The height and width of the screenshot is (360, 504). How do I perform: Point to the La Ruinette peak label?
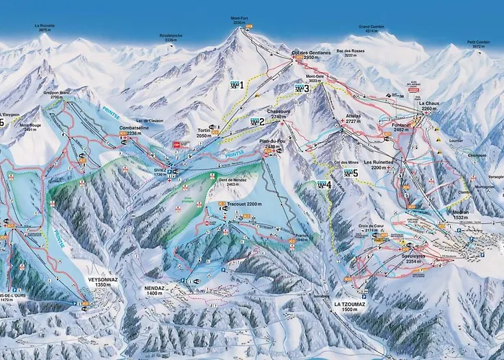45,27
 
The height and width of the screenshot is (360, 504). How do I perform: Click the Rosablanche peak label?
170,38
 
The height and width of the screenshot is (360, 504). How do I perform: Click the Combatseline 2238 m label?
135,130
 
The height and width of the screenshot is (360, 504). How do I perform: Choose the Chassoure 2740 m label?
278,114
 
